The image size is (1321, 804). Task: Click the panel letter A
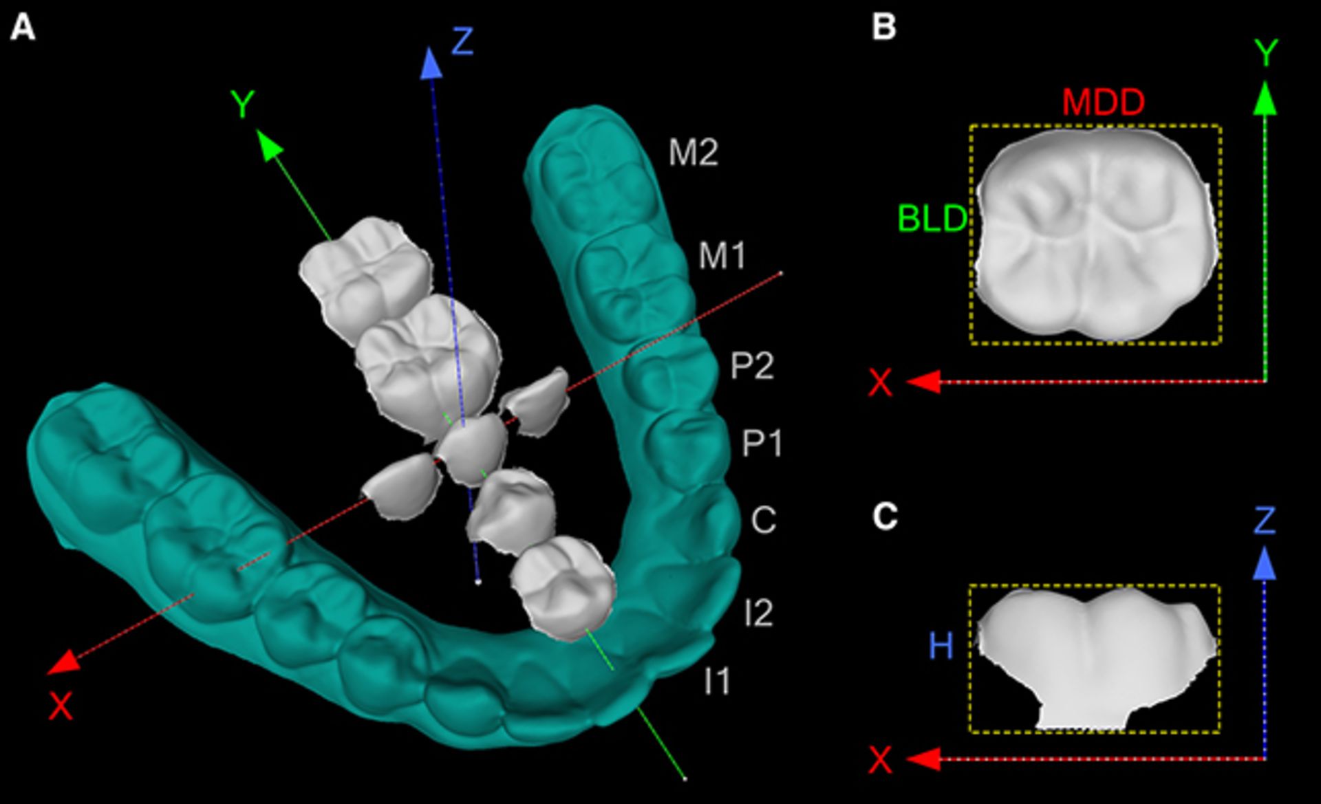[x=23, y=29]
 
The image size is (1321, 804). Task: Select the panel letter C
[x=885, y=517]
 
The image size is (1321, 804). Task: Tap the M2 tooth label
[x=694, y=153]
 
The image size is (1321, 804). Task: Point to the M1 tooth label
[x=722, y=257]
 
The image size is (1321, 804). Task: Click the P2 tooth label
[x=752, y=366]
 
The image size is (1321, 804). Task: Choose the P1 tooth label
[x=762, y=444]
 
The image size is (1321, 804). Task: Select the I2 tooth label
[x=758, y=612]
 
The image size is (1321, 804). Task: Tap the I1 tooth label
[x=717, y=681]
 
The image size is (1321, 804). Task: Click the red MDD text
[x=1103, y=102]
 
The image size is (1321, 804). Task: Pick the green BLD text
[x=932, y=219]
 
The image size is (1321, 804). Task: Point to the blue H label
[x=941, y=646]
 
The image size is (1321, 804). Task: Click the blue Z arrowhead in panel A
[x=431, y=63]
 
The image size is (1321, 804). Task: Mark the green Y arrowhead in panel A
[x=270, y=144]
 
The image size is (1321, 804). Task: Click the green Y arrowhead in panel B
[x=1265, y=98]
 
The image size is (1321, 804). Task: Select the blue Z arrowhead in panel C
[x=1265, y=563]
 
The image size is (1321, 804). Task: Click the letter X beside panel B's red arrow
[x=881, y=382]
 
